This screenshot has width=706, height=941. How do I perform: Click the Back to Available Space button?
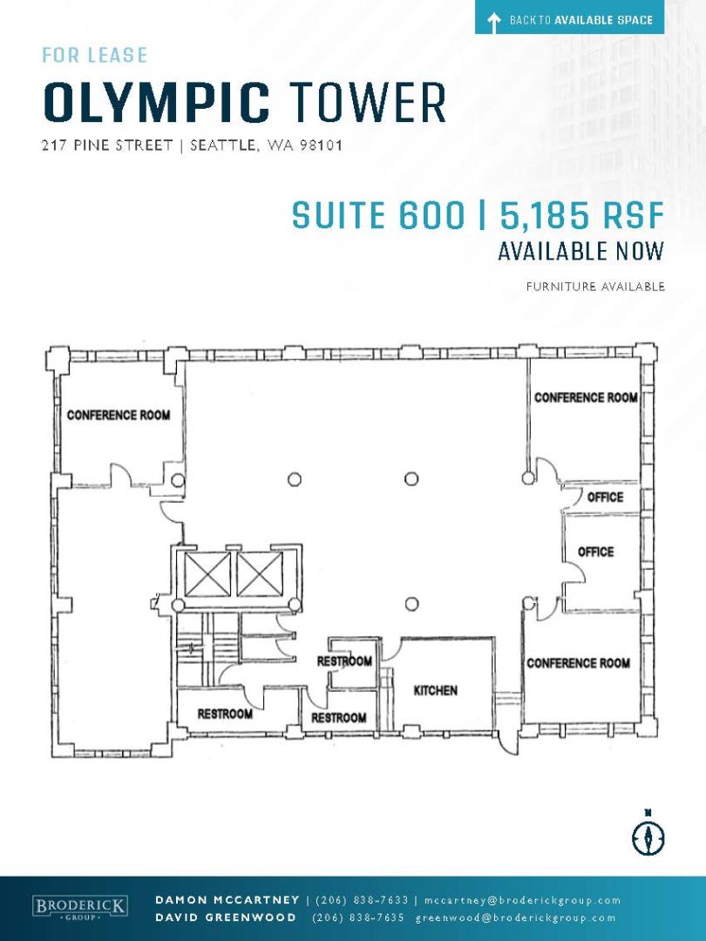coord(569,20)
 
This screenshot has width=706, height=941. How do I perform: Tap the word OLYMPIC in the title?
coord(157,103)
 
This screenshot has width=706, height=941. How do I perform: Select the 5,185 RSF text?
coord(581,215)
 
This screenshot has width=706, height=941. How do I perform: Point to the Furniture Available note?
coord(595,287)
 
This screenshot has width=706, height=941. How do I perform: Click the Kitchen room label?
coord(435,691)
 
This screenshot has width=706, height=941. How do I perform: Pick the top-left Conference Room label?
coord(119,415)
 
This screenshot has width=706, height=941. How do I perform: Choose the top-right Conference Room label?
coord(586,397)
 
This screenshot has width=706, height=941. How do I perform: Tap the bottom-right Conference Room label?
coord(578,663)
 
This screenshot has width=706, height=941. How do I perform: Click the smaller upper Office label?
coord(605,497)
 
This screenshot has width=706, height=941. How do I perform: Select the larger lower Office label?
coord(595,552)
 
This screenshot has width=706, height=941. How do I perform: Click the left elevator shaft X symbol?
coord(207,575)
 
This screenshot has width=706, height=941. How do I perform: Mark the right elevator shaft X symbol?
coord(260,575)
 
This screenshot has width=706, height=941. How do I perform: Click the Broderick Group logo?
coord(80,907)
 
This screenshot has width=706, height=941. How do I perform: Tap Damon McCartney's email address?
coord(522,900)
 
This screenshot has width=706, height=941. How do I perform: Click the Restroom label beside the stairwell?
coord(225,714)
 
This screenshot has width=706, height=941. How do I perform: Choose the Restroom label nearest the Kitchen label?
coord(344,661)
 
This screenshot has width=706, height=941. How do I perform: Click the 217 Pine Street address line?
coord(192,146)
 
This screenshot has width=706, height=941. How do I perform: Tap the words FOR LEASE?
coord(95,55)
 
